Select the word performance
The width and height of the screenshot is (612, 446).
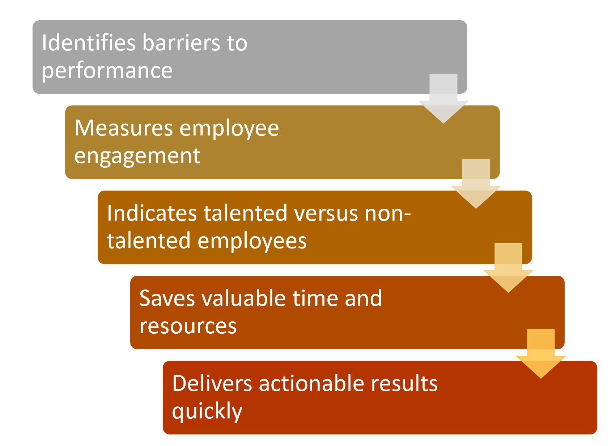[x=107, y=71]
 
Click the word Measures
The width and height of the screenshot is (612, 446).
[x=123, y=128]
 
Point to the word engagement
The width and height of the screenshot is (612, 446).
[x=137, y=157]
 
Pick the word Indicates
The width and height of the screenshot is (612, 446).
[x=152, y=213]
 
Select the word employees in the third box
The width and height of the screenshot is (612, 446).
[x=252, y=242]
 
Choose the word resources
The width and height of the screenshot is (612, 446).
[x=188, y=327]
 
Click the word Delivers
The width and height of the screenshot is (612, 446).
[x=212, y=384]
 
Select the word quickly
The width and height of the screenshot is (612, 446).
[x=207, y=412]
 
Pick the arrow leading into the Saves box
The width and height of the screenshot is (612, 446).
[x=508, y=268]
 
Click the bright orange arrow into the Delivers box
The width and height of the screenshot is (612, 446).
[x=541, y=354]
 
